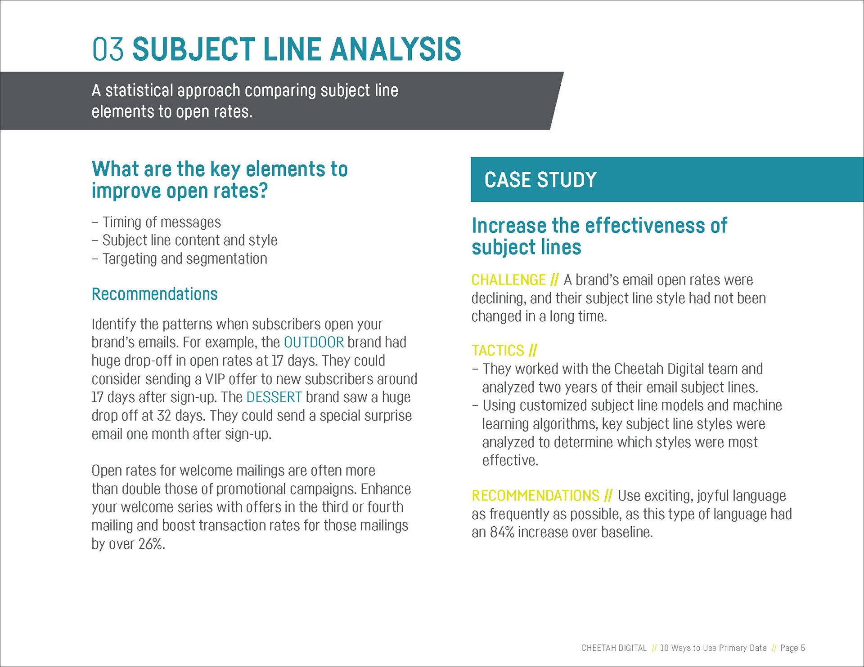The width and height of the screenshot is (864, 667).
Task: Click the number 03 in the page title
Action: click(108, 49)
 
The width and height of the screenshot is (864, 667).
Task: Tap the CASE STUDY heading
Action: click(540, 180)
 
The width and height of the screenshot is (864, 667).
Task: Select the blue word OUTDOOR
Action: click(314, 342)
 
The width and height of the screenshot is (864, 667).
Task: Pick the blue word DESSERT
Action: click(274, 397)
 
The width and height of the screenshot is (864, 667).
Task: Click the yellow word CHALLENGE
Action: click(508, 280)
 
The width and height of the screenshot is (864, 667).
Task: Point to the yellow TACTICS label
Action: click(498, 351)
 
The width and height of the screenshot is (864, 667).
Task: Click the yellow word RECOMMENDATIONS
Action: click(535, 496)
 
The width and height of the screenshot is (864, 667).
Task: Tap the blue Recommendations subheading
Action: click(154, 294)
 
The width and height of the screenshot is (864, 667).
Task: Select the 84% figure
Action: click(502, 532)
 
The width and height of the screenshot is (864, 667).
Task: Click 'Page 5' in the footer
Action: click(792, 648)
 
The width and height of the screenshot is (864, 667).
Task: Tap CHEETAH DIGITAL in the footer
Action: click(614, 648)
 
